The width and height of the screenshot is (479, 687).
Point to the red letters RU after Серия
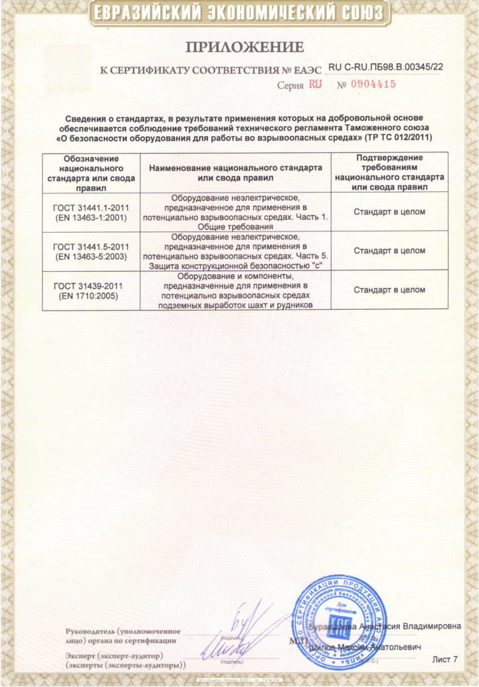[315, 85]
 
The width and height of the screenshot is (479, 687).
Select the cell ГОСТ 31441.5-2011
[91, 251]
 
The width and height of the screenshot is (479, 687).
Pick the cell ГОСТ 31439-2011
[91, 290]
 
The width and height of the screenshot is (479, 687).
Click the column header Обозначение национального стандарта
[91, 172]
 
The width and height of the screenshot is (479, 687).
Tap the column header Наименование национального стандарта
[235, 172]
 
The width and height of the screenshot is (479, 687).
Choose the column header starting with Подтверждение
[388, 172]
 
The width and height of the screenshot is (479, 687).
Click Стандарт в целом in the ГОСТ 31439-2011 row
[389, 290]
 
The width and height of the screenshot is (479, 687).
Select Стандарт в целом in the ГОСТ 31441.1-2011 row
[389, 213]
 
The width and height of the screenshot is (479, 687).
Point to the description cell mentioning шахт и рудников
[235, 290]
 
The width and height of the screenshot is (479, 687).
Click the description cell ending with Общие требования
[235, 213]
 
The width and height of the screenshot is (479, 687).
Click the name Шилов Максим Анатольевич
[366, 647]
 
